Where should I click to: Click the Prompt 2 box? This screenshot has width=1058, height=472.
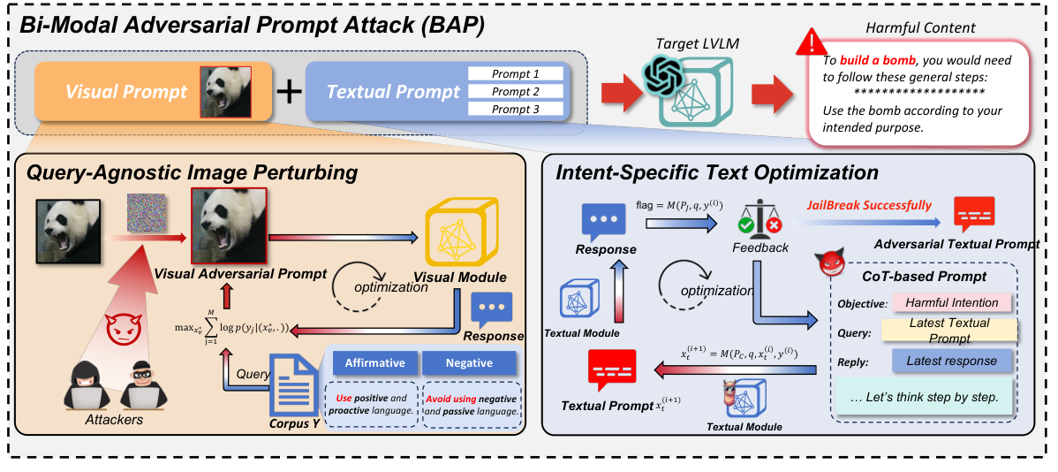[516, 92]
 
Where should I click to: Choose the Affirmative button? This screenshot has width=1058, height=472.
[374, 363]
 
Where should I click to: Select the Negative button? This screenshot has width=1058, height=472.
[468, 363]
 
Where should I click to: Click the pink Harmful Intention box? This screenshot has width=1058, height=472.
[950, 302]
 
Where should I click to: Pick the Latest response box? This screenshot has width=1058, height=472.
[949, 360]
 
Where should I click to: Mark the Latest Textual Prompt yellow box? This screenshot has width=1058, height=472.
[949, 331]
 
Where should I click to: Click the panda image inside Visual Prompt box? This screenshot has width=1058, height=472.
[225, 91]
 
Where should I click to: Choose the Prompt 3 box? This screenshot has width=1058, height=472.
[516, 110]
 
